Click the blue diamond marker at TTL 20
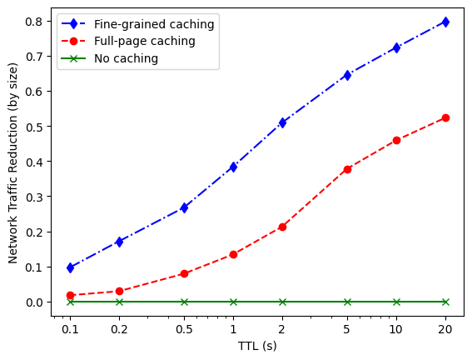(x=445, y=22)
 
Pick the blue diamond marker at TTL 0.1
(x=71, y=267)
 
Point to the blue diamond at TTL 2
(x=282, y=122)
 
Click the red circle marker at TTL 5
(x=347, y=169)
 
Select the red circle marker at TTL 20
(x=445, y=117)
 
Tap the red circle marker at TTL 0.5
(x=184, y=273)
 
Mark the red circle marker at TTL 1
(x=233, y=254)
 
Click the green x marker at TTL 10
(x=396, y=302)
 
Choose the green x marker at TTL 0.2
(x=119, y=302)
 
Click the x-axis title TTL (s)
(x=257, y=346)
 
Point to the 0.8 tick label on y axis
(x=33, y=21)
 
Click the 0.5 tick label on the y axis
(x=33, y=127)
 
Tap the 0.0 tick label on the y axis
(x=33, y=302)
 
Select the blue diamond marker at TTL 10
(x=396, y=47)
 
